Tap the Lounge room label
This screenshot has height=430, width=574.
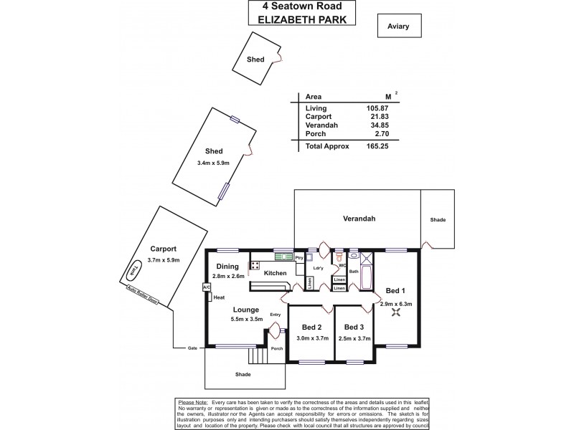pyautogui.click(x=245, y=310)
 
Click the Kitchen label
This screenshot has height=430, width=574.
pyautogui.click(x=276, y=273)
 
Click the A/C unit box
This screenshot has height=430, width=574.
pyautogui.click(x=207, y=287)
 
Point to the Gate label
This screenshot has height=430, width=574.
pyautogui.click(x=192, y=348)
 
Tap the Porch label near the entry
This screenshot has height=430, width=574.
pyautogui.click(x=277, y=349)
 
